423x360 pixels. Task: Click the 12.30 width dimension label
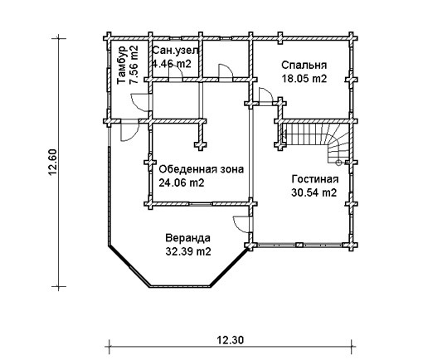(231, 340)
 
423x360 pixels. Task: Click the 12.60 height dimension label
(52, 162)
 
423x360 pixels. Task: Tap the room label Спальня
(304, 66)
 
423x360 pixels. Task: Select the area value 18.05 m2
(304, 79)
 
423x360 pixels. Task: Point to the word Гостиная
(315, 179)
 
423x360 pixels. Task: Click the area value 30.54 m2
(314, 192)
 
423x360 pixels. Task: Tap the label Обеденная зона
(202, 169)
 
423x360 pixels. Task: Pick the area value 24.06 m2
(182, 182)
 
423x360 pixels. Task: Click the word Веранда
(188, 238)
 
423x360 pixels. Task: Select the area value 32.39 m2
(188, 251)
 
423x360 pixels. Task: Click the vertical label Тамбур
(122, 66)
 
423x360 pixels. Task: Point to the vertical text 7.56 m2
(134, 64)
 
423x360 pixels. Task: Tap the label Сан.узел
(175, 51)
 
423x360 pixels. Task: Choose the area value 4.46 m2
(172, 64)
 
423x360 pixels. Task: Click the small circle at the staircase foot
(338, 163)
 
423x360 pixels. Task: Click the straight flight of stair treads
(304, 134)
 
